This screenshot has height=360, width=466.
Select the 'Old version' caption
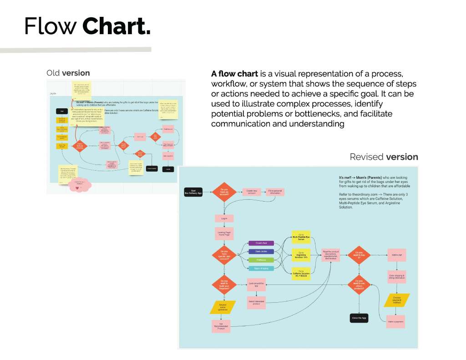68,73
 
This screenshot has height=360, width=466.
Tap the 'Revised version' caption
384,157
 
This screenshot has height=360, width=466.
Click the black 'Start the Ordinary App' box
192,191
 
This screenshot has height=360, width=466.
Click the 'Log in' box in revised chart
224,218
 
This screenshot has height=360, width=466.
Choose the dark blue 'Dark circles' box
261,251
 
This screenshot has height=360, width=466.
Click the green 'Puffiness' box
261,260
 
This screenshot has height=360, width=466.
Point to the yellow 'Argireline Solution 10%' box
301,256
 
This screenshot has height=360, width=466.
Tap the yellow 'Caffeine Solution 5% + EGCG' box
301,273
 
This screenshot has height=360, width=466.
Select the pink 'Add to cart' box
397,255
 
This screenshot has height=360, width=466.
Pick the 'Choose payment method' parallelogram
397,300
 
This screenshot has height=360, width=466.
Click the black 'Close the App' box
359,318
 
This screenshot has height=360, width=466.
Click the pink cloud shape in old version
80,184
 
